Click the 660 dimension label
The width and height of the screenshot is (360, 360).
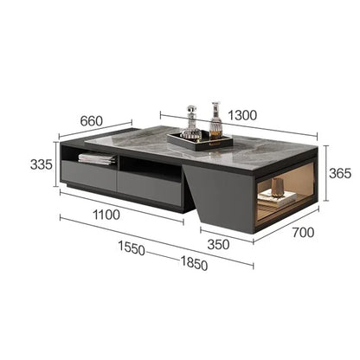[x=91, y=121]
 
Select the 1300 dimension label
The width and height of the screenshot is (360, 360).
[x=242, y=115]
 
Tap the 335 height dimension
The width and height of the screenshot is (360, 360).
[x=42, y=164]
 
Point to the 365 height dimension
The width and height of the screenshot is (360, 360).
[x=340, y=173]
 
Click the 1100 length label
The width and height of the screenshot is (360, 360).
[x=106, y=215]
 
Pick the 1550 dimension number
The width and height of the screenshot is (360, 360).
[x=132, y=247]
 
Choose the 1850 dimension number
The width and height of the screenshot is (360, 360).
[x=194, y=263]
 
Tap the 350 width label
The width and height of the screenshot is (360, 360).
[x=218, y=245]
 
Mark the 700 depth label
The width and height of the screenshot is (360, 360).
[x=303, y=233]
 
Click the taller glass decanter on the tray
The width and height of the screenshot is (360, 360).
[x=215, y=121]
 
